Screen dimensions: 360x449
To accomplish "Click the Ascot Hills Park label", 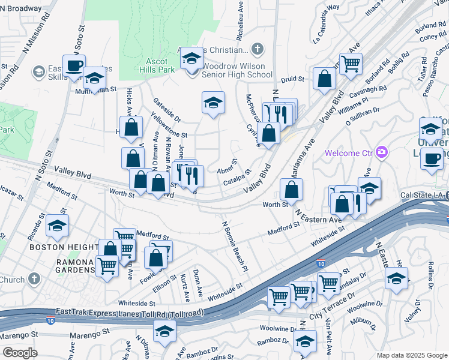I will pos(160,65).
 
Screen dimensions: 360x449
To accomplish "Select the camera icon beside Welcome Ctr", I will pos(380,152).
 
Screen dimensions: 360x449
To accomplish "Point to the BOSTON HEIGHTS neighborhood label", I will pos(64,247).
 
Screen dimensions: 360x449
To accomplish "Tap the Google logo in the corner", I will pos(20,352).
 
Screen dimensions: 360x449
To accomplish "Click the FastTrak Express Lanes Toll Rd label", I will pos(129,313).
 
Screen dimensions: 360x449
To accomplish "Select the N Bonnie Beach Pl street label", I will pos(235,247).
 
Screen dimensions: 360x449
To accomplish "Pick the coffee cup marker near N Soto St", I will pos(74,67).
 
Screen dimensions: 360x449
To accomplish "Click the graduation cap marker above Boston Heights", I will pos(58,226).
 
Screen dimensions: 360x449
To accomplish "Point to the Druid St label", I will pos(293,78).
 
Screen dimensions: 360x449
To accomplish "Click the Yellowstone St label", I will pos(169,127).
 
